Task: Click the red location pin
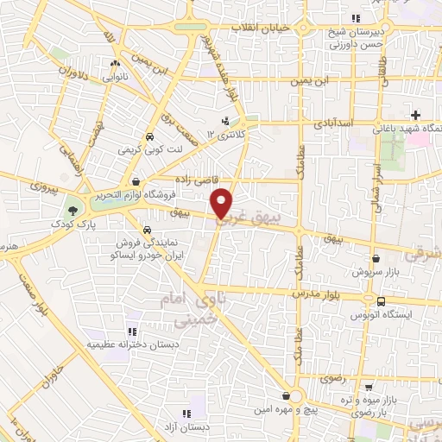(x=223, y=202)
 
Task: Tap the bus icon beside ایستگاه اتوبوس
(x=381, y=301)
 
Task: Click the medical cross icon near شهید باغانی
(x=415, y=115)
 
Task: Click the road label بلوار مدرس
(x=325, y=294)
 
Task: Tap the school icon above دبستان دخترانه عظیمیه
(x=132, y=331)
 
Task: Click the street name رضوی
(x=332, y=379)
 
